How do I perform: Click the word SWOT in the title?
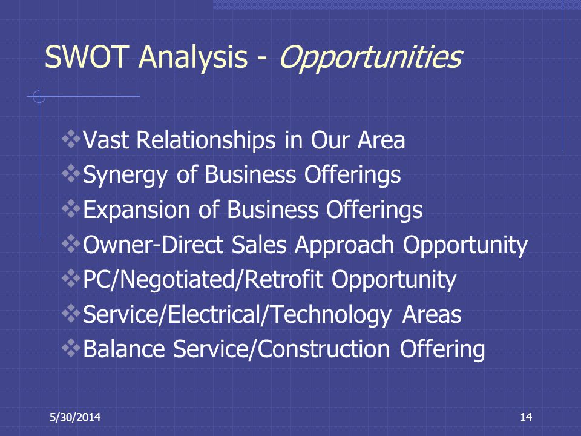[x=87, y=57]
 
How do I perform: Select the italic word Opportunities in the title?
[x=370, y=58]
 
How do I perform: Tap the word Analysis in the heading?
[x=192, y=58]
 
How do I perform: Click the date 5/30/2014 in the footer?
[x=75, y=417]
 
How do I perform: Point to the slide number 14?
[x=526, y=417]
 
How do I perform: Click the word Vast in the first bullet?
[x=105, y=140]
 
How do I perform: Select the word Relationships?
[x=206, y=140]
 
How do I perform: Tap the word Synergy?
[x=125, y=175]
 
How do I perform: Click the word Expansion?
[x=136, y=210]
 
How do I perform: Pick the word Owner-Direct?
[x=153, y=245]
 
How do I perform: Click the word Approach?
[x=344, y=246]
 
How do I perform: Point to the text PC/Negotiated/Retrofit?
[x=203, y=280]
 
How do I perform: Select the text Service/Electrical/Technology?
[x=237, y=315]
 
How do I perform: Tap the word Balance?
[x=124, y=349]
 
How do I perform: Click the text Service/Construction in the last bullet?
[x=281, y=349]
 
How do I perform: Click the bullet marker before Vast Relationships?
[x=71, y=139]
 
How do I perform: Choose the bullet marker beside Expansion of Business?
[x=71, y=209]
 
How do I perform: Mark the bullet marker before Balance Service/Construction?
[x=71, y=348]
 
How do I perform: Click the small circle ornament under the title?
[x=39, y=96]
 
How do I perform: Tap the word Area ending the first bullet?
[x=381, y=140]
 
